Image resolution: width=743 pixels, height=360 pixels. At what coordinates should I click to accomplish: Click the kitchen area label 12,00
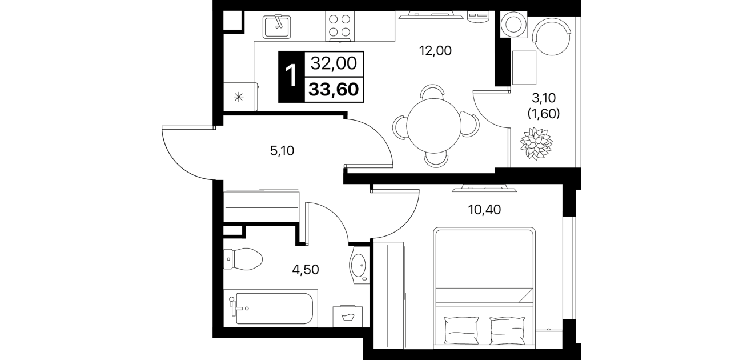click(435, 51)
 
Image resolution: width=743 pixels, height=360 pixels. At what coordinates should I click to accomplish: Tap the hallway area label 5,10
click(282, 151)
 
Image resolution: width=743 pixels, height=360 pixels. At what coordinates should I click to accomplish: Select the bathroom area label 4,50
click(305, 270)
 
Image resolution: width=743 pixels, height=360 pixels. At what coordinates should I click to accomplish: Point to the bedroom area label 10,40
click(484, 209)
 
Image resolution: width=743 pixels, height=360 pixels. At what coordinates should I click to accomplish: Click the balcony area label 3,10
click(544, 98)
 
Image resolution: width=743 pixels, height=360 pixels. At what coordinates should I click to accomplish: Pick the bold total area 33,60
click(334, 90)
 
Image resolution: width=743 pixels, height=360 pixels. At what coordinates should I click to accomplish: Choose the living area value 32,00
click(334, 63)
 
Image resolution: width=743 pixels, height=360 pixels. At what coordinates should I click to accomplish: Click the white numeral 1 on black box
click(291, 76)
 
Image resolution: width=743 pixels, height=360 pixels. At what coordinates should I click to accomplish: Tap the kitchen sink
click(277, 26)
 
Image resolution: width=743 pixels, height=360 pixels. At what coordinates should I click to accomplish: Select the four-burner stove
click(340, 26)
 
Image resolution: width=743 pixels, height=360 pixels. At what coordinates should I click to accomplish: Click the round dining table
click(433, 125)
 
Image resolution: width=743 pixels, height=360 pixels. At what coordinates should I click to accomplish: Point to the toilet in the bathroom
click(243, 259)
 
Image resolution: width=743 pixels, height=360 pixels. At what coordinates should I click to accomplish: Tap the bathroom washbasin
click(359, 266)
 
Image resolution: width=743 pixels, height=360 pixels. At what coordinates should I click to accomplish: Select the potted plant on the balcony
click(536, 143)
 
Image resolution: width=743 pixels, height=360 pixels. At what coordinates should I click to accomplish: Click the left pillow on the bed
click(461, 330)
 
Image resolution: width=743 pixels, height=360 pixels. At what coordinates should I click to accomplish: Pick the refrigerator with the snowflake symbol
click(240, 97)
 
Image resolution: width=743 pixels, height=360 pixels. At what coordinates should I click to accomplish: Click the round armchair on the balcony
click(552, 36)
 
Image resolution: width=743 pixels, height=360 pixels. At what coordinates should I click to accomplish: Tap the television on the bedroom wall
click(484, 189)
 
